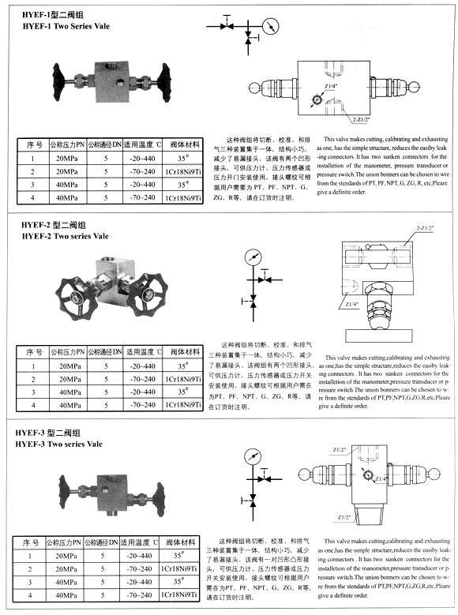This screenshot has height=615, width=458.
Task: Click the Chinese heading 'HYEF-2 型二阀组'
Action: (55, 225)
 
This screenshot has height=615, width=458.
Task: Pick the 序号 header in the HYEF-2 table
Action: (32, 353)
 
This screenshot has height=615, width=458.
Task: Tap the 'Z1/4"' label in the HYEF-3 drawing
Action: (381, 479)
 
